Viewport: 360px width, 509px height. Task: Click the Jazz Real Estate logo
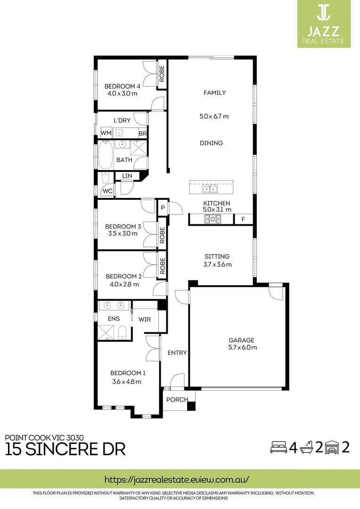coord(323,24)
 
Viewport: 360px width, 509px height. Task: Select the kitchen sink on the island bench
coord(210,189)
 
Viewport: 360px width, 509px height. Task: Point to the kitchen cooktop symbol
coord(213,219)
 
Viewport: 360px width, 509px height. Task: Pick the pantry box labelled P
coord(163,207)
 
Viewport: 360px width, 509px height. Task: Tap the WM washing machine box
coord(106,133)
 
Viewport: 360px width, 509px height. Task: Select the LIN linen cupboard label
coord(127,176)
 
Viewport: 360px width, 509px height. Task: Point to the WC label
coord(107,191)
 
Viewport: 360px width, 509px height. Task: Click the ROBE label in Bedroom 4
coord(162,73)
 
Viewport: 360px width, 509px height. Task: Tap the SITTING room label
coord(217,256)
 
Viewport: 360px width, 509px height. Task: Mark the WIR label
coord(145,319)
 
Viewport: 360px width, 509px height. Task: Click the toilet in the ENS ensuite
coord(122,332)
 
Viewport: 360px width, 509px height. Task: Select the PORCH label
coord(177,400)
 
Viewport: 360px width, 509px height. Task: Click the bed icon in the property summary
coord(278,447)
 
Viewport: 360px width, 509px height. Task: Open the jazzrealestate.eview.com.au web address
coord(176,479)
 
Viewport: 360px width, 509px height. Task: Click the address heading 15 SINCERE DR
coord(65,449)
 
